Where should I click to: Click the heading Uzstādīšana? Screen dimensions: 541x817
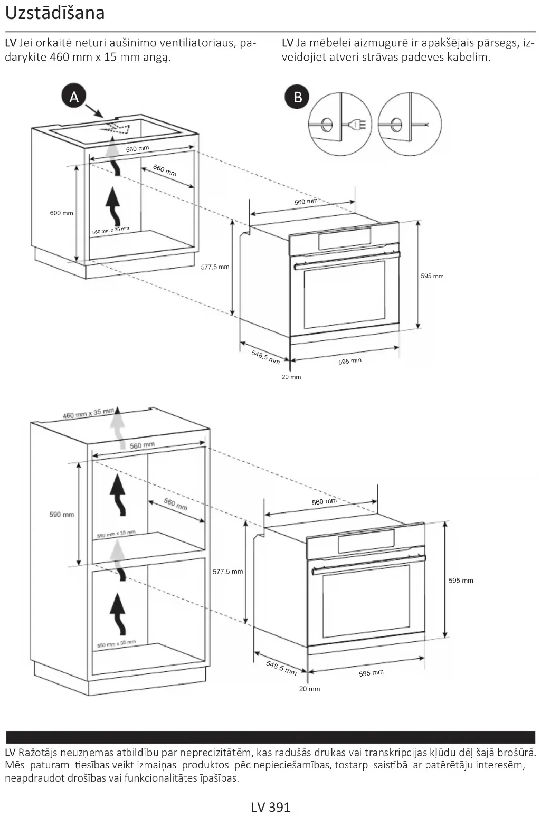(x=55, y=13)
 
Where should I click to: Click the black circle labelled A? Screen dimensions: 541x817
(x=74, y=97)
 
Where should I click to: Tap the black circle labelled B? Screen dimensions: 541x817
(x=298, y=97)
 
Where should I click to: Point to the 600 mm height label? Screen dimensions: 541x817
(x=61, y=213)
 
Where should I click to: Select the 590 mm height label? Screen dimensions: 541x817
(x=62, y=514)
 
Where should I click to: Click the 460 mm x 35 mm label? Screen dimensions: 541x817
(x=88, y=413)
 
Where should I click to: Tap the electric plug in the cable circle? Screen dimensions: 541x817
(x=357, y=125)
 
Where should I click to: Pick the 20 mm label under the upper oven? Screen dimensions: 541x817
(x=291, y=377)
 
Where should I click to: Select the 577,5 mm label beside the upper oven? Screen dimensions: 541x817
(x=215, y=267)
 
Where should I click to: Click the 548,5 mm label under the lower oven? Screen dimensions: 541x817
(x=281, y=668)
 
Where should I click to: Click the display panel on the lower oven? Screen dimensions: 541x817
(x=366, y=540)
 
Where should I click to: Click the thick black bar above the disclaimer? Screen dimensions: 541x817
(x=270, y=737)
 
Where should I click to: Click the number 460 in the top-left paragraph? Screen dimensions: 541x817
(x=60, y=57)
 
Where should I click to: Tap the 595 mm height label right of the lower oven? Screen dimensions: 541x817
(x=461, y=581)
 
